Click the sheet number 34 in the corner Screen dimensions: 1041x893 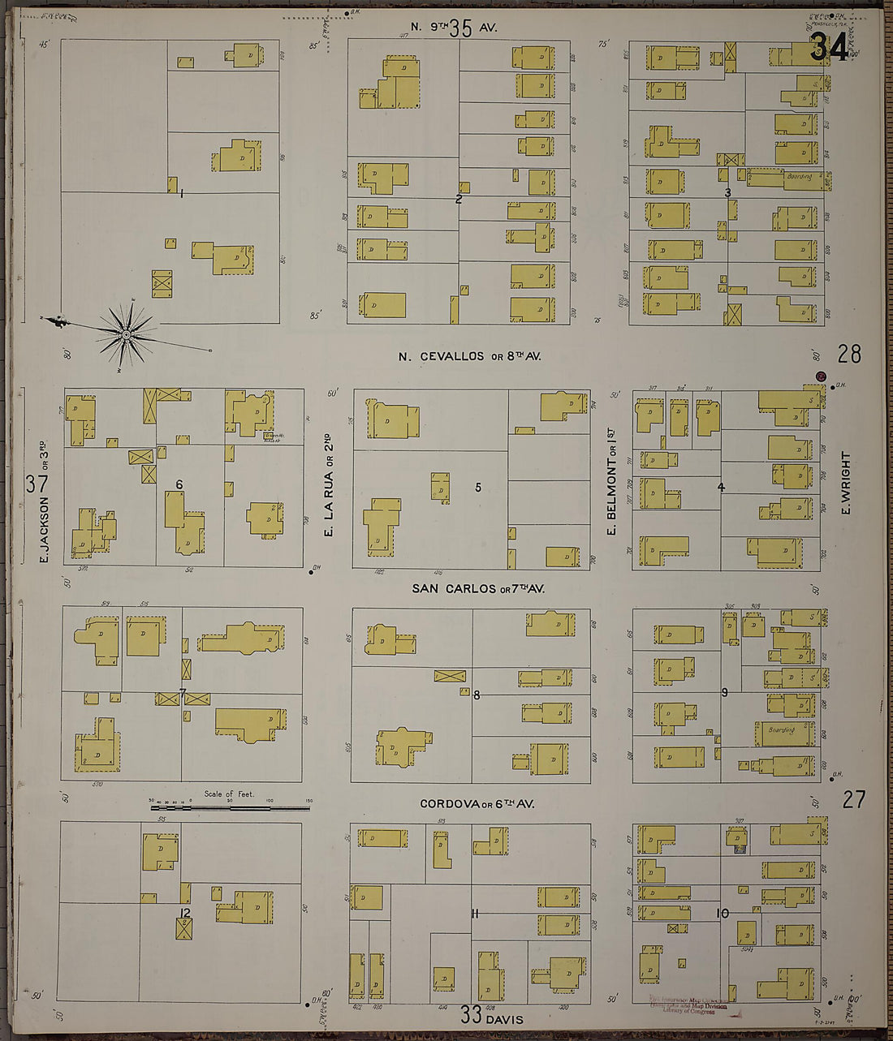829,50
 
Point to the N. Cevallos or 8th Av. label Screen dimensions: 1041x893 469,356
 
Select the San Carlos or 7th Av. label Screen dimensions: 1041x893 477,588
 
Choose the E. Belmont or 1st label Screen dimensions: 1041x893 611,496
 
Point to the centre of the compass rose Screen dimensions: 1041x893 126,334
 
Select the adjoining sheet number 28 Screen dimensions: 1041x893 849,354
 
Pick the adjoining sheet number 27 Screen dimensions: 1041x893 853,800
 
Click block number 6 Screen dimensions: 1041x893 179,484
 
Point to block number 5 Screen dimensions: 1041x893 478,487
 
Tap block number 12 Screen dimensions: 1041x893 184,914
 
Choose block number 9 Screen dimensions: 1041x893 724,692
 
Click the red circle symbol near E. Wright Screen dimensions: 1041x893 822,376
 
